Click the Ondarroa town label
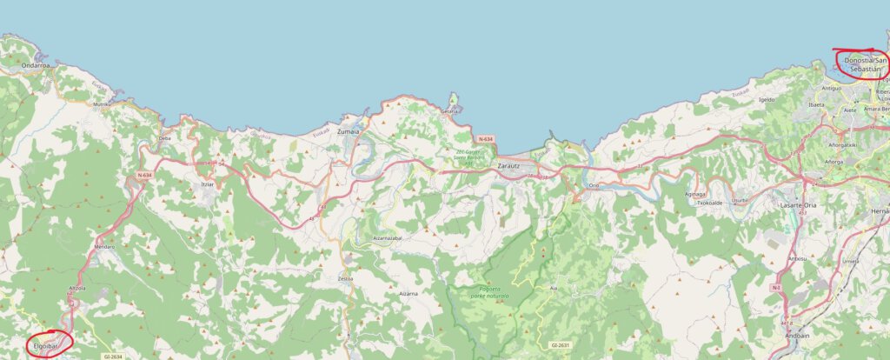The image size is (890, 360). pyautogui.click(x=36, y=64)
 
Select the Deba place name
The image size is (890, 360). pyautogui.click(x=165, y=138)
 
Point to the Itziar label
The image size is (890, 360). pyautogui.click(x=207, y=184)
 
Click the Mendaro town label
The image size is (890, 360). pyautogui.click(x=104, y=248)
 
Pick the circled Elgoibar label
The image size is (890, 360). pyautogui.click(x=45, y=347)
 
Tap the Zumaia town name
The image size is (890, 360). pyautogui.click(x=349, y=131)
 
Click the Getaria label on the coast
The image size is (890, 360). pyautogui.click(x=449, y=111)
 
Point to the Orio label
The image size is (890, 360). pyautogui.click(x=594, y=185)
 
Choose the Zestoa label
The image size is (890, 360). pyautogui.click(x=345, y=279)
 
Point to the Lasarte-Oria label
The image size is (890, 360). pyautogui.click(x=800, y=203)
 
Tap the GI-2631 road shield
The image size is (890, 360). pyautogui.click(x=561, y=345)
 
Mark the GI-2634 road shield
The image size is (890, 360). pyautogui.click(x=114, y=356)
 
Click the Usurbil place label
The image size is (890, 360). pyautogui.click(x=740, y=199)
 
